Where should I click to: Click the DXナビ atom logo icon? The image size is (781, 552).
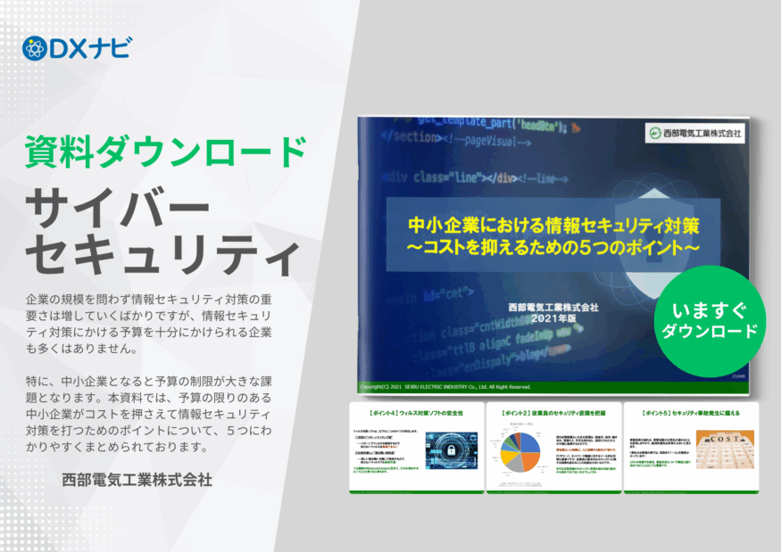click(x=33, y=48)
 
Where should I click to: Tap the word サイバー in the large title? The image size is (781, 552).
click(x=117, y=202)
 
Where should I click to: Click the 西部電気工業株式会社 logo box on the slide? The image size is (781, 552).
click(x=695, y=133)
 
